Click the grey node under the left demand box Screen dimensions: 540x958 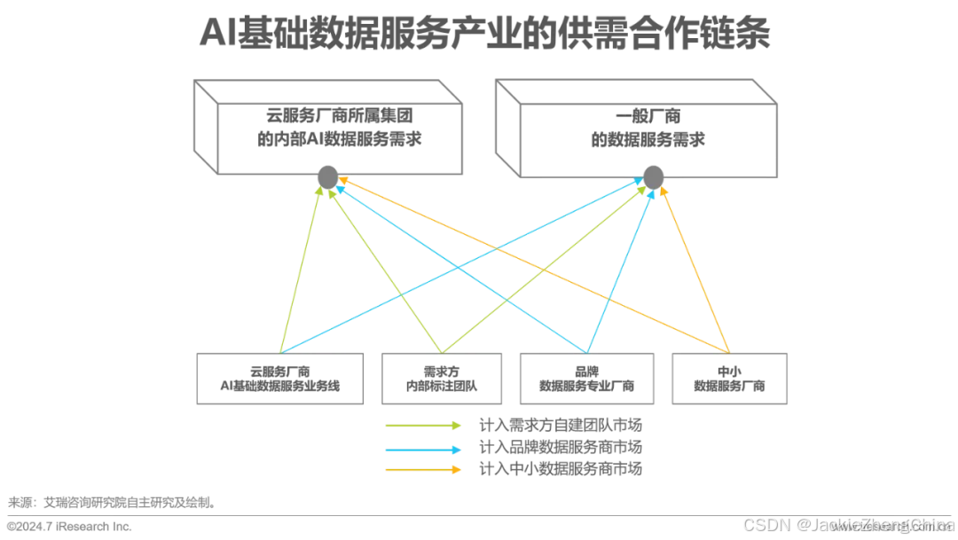pyautogui.click(x=327, y=177)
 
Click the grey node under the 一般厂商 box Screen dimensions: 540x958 pyautogui.click(x=653, y=177)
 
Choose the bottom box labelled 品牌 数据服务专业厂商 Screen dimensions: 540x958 pyautogui.click(x=586, y=379)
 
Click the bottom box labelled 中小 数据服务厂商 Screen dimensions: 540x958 pyautogui.click(x=729, y=379)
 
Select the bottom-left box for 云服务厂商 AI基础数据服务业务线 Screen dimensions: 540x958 pyautogui.click(x=279, y=379)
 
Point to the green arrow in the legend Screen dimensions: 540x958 pyautogui.click(x=423, y=426)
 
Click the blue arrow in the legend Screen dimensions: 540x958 pyautogui.click(x=423, y=448)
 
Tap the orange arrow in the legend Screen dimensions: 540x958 pyautogui.click(x=423, y=469)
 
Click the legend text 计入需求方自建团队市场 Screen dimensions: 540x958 pyautogui.click(x=560, y=426)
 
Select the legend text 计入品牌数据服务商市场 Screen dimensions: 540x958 pyautogui.click(x=560, y=448)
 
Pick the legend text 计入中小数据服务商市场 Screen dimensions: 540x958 pyautogui.click(x=560, y=469)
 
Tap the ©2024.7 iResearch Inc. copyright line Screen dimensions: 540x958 pyautogui.click(x=69, y=526)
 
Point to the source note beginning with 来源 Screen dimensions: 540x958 pyautogui.click(x=111, y=502)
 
